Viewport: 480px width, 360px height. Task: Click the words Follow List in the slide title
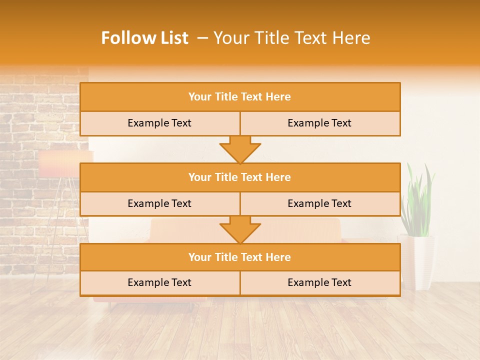144,38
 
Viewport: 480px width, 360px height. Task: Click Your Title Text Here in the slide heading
292,38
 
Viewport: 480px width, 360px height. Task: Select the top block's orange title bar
240,97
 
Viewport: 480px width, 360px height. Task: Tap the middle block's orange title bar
240,177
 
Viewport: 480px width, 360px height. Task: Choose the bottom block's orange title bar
240,257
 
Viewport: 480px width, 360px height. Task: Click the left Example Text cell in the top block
159,123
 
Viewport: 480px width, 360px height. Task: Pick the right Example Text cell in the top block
319,123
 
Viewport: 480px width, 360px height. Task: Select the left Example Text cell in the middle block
159,203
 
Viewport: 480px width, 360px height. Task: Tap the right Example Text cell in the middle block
319,203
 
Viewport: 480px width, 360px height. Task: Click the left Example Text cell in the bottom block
159,282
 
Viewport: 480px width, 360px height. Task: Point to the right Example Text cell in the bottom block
319,282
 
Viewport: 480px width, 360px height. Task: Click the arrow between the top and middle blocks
240,149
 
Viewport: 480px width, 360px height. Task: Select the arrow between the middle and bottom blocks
240,229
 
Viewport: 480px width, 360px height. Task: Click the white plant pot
416,260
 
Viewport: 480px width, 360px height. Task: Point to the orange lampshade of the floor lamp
60,164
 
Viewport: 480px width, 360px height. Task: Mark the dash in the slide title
202,38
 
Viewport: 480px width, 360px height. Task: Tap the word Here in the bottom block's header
278,257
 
